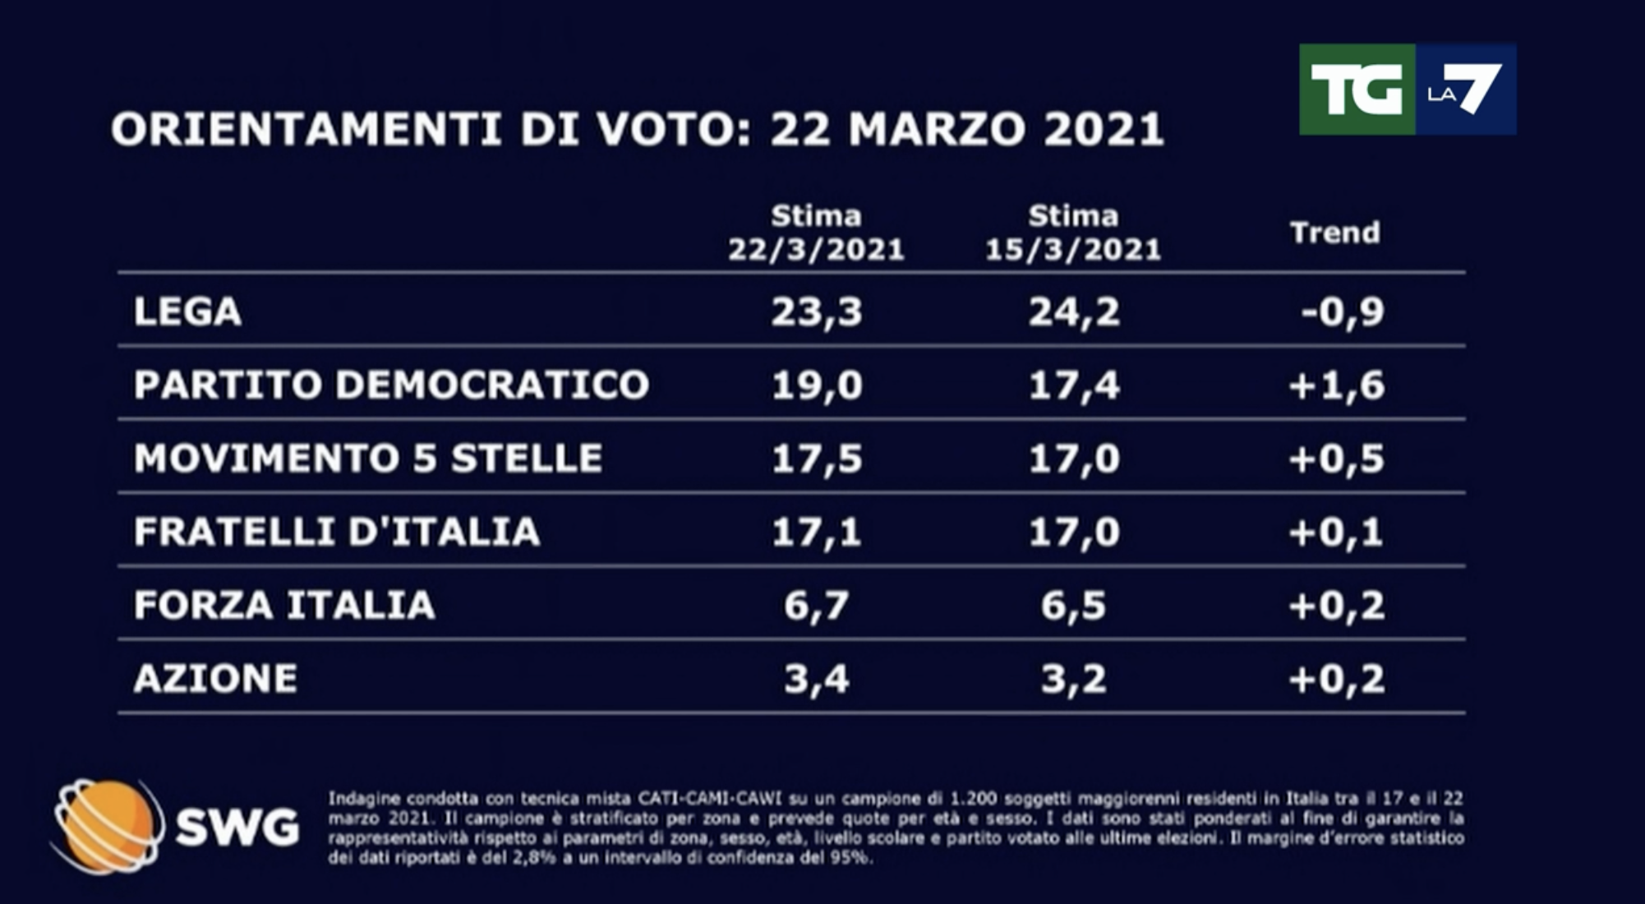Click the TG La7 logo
click(x=1407, y=90)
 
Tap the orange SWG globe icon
click(x=105, y=825)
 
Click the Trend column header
click(x=1334, y=233)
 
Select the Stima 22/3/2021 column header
click(x=816, y=233)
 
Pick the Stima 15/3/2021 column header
click(x=1073, y=233)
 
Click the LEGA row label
click(x=187, y=311)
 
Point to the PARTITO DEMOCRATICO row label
click(x=391, y=385)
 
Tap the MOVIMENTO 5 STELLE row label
click(x=368, y=458)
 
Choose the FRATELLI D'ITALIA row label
click(x=337, y=532)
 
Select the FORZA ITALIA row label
click(x=284, y=606)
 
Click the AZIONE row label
click(x=215, y=679)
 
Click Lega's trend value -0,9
click(x=1343, y=311)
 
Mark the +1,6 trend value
click(x=1337, y=385)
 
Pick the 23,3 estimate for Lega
click(x=817, y=311)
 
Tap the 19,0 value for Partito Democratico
click(x=817, y=385)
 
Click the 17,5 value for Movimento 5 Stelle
click(x=817, y=458)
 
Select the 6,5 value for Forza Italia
click(x=1073, y=606)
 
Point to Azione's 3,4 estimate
click(x=816, y=679)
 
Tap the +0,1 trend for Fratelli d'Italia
click(x=1337, y=532)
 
